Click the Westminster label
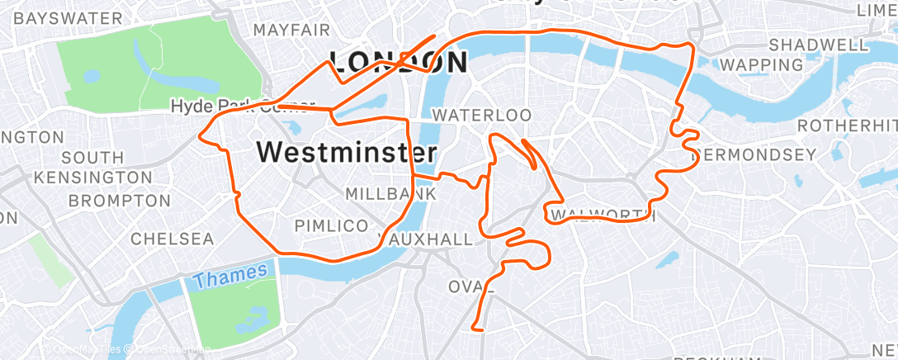tap(347, 152)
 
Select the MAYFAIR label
tap(291, 30)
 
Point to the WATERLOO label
tap(482, 114)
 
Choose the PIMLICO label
tap(331, 225)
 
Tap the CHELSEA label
tap(173, 239)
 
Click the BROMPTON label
tap(119, 200)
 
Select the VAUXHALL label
tap(426, 239)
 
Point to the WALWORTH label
tap(603, 216)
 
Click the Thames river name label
tap(230, 275)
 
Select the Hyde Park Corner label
tap(243, 106)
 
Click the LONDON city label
tap(399, 61)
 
